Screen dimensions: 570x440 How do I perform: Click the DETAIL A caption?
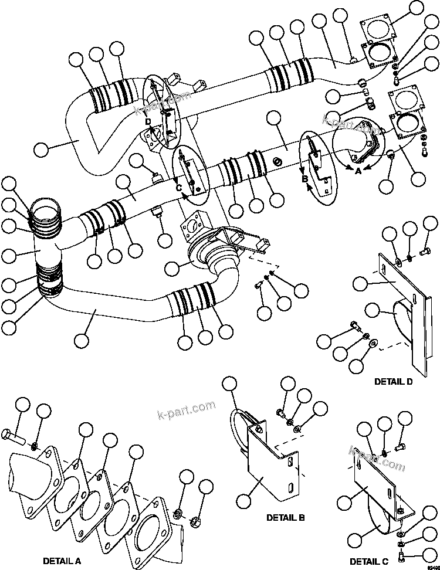(x=62, y=560)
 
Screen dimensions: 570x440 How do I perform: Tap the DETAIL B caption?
(x=285, y=517)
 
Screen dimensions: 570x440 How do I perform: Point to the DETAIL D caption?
(x=393, y=381)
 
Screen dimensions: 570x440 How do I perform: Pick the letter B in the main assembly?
(x=305, y=179)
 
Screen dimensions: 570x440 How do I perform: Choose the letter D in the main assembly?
(x=148, y=121)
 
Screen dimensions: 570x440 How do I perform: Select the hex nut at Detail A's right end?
(x=195, y=520)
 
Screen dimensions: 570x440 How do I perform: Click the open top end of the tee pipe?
(x=45, y=209)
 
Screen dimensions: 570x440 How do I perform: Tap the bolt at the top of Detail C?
(x=400, y=449)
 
